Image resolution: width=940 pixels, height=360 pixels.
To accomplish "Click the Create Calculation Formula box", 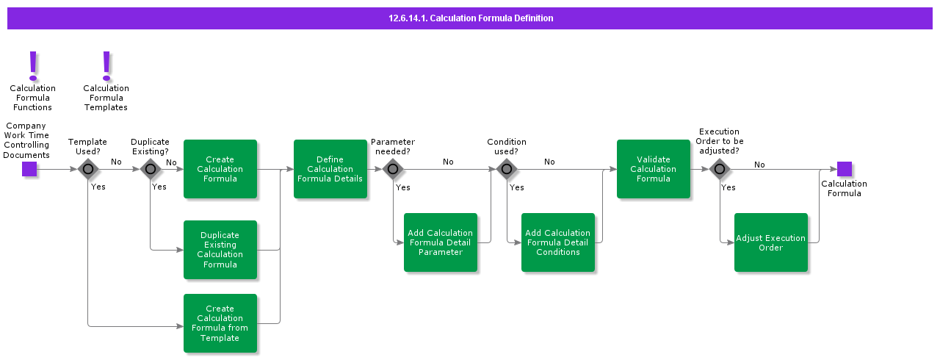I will click(x=220, y=169).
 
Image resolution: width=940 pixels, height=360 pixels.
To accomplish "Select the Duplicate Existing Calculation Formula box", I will click(x=220, y=250).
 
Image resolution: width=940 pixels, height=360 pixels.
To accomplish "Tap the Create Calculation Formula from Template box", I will click(x=220, y=323).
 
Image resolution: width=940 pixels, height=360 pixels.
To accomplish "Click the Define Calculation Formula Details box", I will click(x=330, y=169).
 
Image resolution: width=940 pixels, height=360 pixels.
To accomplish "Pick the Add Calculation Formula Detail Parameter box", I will click(x=441, y=242).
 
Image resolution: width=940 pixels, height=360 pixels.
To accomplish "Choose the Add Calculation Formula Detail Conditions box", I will click(x=558, y=242).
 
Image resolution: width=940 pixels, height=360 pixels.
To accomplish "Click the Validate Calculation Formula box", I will click(x=654, y=169).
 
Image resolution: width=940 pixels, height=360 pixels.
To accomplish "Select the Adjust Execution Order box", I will click(x=771, y=242).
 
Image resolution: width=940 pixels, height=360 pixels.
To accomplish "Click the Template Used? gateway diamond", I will click(x=88, y=169).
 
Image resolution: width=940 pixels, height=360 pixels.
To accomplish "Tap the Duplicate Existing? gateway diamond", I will click(x=151, y=169).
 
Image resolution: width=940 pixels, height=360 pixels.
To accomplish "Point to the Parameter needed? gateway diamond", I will click(x=393, y=169).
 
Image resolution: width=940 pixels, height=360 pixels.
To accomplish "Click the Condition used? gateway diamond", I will click(x=507, y=169).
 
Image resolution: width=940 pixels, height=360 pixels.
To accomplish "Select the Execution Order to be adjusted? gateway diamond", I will click(x=720, y=169).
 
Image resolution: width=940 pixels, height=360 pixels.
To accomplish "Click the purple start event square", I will click(x=29, y=169).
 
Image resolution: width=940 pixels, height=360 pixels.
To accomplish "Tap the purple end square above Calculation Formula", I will click(x=845, y=169).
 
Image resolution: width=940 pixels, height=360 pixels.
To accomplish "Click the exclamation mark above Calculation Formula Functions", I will click(x=33, y=65).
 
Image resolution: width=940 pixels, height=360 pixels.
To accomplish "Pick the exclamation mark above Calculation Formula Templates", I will click(x=106, y=65).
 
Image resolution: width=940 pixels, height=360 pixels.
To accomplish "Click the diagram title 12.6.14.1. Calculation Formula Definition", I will click(x=471, y=18).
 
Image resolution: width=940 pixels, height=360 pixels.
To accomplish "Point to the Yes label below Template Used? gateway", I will click(x=98, y=187).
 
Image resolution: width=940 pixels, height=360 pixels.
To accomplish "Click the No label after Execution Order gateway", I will click(x=759, y=165).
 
